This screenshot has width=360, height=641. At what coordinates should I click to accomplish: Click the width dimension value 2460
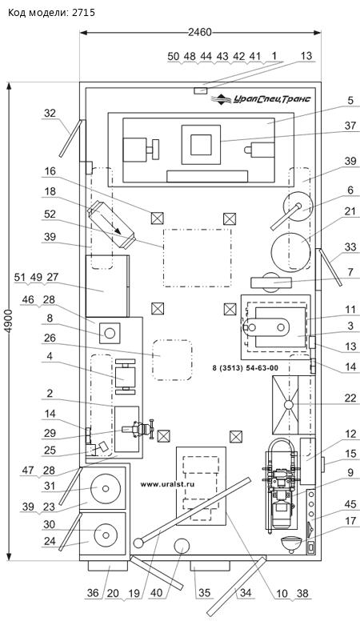tap(200, 32)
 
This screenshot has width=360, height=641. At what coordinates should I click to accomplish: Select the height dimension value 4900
tap(8, 321)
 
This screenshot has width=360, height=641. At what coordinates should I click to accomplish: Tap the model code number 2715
tap(83, 12)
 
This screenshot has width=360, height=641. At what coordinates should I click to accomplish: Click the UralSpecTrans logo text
tap(272, 99)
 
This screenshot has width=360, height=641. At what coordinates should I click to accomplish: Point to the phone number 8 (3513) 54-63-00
tap(245, 368)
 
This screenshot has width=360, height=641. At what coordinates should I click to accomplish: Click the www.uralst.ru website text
tap(167, 484)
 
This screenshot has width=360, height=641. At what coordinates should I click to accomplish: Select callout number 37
tap(350, 126)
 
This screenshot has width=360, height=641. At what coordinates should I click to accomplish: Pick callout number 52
tap(50, 214)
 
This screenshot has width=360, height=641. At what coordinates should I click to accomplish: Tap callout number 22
tap(350, 398)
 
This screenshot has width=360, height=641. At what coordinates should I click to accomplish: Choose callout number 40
tap(156, 593)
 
